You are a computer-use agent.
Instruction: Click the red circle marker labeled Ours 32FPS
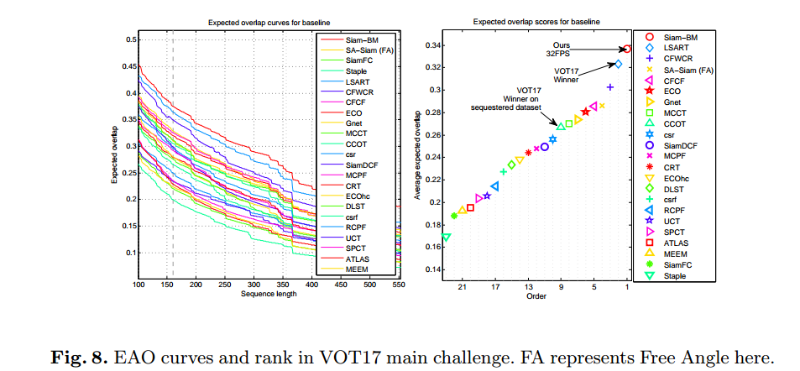point(627,50)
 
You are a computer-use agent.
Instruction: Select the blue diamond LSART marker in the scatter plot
point(619,64)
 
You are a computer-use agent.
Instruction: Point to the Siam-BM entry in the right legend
point(678,38)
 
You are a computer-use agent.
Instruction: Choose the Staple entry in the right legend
point(674,275)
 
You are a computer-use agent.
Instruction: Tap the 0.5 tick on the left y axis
point(129,39)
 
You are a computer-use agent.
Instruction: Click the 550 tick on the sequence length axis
point(399,286)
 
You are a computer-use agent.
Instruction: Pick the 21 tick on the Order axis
point(463,286)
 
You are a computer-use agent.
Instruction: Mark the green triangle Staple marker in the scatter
point(446,238)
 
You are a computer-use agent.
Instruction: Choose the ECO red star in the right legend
point(649,90)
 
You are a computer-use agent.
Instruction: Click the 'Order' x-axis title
point(536,295)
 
